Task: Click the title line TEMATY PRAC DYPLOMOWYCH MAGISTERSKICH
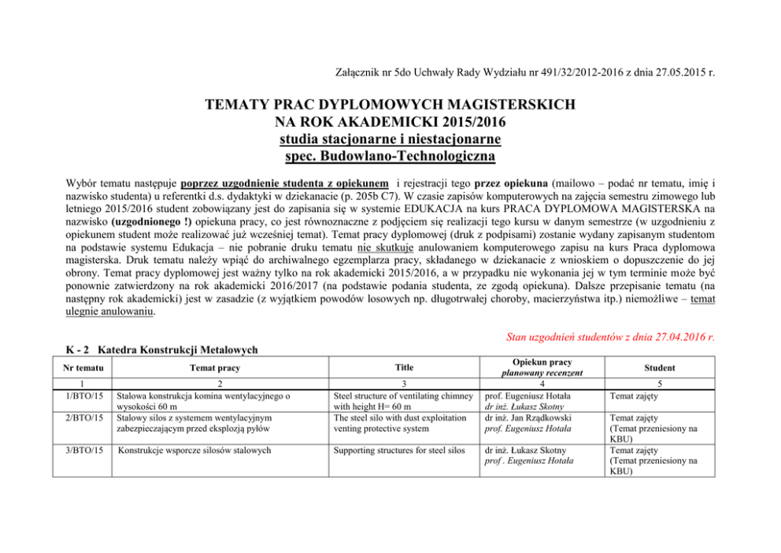(390, 104)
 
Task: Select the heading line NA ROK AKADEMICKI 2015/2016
(390, 121)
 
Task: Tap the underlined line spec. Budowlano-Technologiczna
(390, 156)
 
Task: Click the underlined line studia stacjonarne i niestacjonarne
(390, 139)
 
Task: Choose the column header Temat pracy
(217, 368)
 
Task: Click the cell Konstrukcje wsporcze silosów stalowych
(205, 451)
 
